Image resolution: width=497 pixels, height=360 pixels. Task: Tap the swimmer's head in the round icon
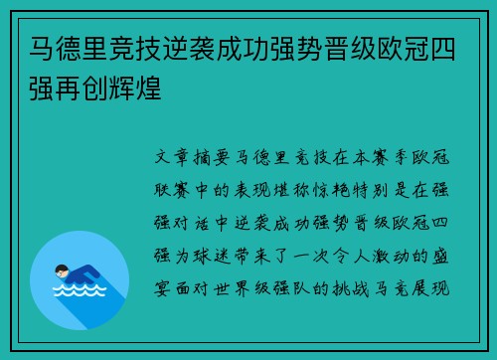point(63,270)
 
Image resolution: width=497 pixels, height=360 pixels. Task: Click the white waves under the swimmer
point(80,291)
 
